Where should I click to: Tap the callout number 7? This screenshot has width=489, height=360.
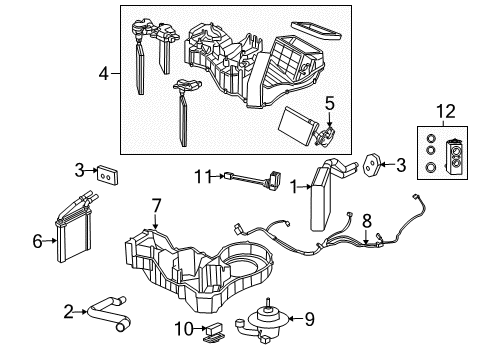pos(156,205)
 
